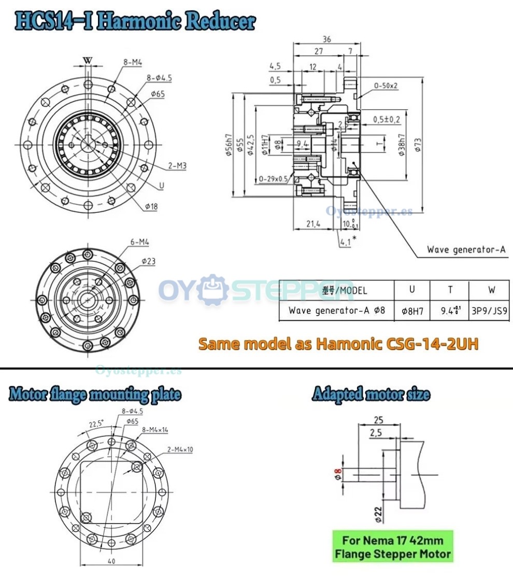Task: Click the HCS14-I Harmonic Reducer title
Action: pos(135,21)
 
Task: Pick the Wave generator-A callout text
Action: pos(466,250)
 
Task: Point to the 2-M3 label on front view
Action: pos(178,166)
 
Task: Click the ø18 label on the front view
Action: pos(151,206)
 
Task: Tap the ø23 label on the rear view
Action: pos(148,262)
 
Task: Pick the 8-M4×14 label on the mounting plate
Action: pos(149,429)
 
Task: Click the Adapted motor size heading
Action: pos(370,395)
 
